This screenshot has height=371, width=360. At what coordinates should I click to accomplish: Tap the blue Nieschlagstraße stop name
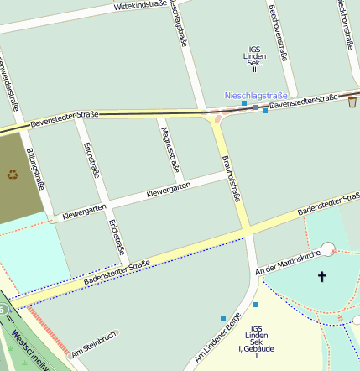pyautogui.click(x=256, y=96)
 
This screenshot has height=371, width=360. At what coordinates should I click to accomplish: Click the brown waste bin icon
pyautogui.click(x=352, y=102)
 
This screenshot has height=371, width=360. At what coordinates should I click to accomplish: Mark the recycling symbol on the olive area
pyautogui.click(x=13, y=175)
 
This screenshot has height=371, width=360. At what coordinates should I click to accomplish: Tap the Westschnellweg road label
pyautogui.click(x=29, y=350)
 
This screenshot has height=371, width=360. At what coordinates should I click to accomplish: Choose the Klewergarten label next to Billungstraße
pyautogui.click(x=84, y=209)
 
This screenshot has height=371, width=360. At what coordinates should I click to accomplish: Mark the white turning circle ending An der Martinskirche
pyautogui.click(x=327, y=248)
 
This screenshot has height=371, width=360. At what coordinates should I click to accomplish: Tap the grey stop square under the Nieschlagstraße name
pyautogui.click(x=256, y=107)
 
